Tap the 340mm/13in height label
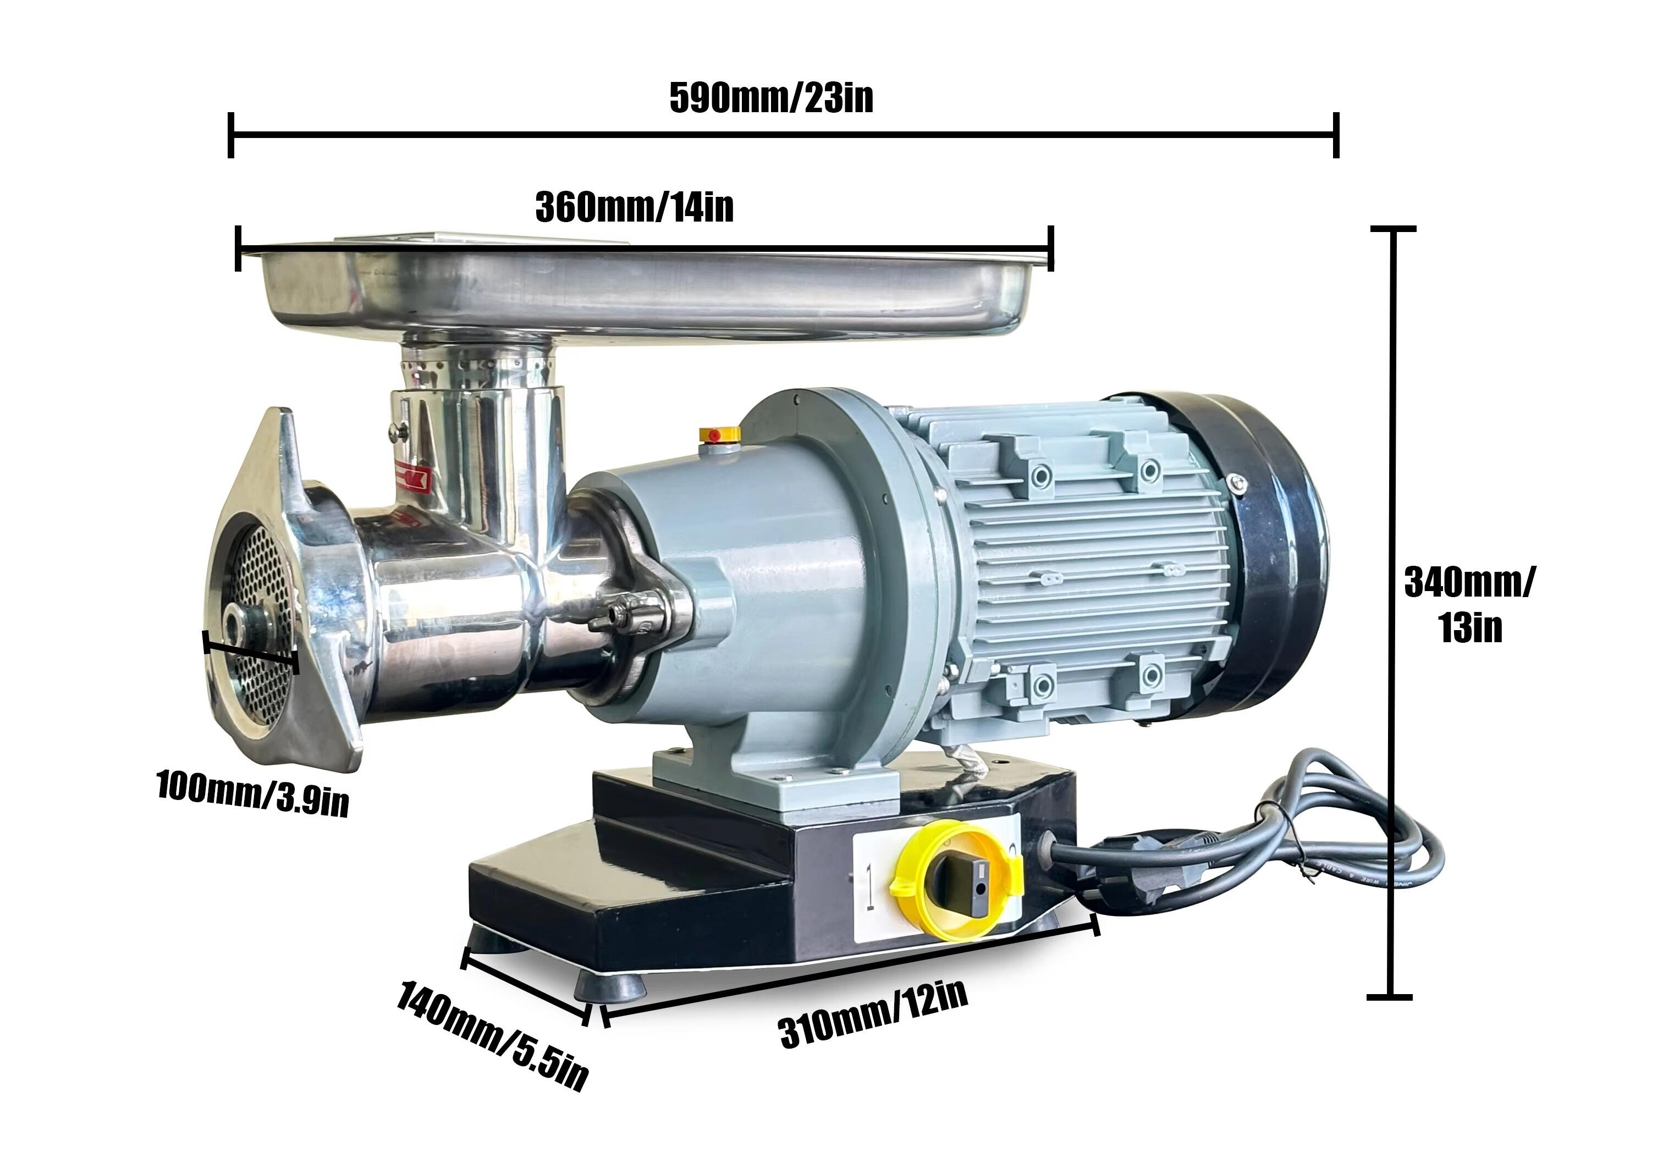1469,605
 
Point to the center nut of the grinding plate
239,625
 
